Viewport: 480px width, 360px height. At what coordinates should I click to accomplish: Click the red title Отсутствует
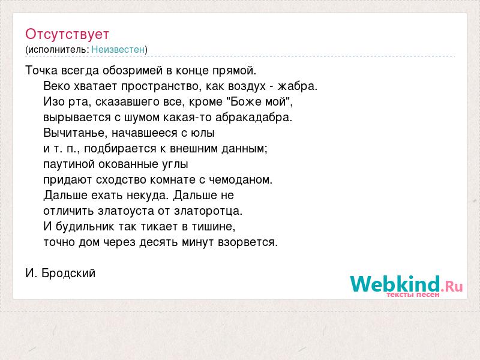[x=67, y=34]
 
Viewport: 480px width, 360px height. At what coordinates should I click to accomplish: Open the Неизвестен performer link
[x=118, y=50]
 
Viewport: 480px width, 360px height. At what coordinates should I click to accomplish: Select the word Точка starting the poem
[x=41, y=70]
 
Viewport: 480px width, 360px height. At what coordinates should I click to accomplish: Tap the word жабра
[x=297, y=86]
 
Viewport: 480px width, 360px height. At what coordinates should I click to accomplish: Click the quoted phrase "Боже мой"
[x=259, y=101]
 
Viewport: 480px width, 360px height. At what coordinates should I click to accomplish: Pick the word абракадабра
[x=254, y=118]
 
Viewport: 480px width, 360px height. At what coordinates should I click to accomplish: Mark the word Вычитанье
[x=76, y=133]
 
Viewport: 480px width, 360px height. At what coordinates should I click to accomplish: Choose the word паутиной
[x=69, y=164]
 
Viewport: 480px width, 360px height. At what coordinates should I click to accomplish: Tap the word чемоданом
[x=241, y=180]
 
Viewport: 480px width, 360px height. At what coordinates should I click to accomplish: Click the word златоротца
[x=208, y=211]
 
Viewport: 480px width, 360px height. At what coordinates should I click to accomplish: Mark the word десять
[x=159, y=242]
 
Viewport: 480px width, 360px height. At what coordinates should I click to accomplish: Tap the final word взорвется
[x=248, y=242]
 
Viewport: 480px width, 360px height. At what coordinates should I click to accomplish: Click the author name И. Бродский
[x=61, y=273]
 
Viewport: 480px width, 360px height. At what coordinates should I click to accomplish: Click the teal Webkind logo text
[x=395, y=284]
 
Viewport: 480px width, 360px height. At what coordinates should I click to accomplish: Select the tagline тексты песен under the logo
[x=413, y=295]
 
